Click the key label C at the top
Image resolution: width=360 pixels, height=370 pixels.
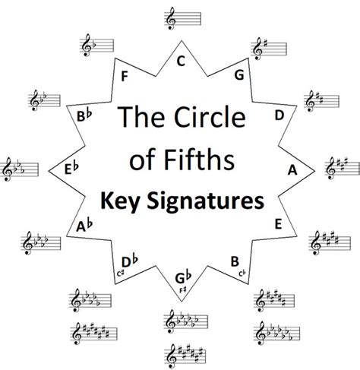(181, 62)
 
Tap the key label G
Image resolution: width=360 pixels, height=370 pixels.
(239, 75)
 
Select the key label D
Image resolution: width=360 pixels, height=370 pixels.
(279, 115)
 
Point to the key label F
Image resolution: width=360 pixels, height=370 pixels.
(125, 77)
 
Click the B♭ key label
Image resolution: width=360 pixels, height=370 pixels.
(84, 116)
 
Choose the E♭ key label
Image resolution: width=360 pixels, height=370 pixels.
(71, 169)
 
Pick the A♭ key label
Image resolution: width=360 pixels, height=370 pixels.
(84, 226)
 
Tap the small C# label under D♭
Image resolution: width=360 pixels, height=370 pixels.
(121, 274)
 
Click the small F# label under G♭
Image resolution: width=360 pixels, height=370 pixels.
(183, 290)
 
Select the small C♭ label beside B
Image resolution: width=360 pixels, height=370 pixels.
(242, 274)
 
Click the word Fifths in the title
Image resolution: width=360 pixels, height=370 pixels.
(199, 160)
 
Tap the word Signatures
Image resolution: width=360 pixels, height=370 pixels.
(206, 201)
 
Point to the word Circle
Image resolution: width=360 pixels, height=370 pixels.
(210, 116)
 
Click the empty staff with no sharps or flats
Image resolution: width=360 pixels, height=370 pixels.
(183, 18)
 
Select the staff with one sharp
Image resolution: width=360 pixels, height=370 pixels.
(269, 49)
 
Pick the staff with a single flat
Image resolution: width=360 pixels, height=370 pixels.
(96, 46)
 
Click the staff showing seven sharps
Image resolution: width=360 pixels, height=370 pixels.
(185, 356)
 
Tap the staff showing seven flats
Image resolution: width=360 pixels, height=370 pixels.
(276, 333)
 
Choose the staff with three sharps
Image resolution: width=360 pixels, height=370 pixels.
(342, 168)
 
